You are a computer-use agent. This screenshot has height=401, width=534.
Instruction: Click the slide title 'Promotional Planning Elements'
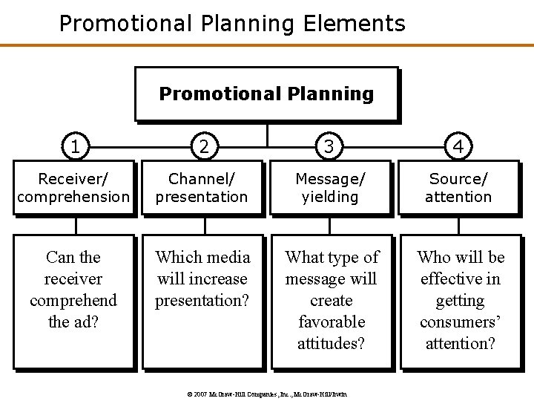coord(232,23)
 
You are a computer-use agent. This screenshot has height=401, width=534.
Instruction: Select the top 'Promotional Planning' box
coord(266,94)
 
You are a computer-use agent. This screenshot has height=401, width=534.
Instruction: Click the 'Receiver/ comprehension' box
coord(73,188)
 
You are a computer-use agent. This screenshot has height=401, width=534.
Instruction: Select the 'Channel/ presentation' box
coord(202,188)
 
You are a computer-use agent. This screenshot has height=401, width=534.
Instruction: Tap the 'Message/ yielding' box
coord(331,188)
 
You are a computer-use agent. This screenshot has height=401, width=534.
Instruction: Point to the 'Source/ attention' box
coord(459,188)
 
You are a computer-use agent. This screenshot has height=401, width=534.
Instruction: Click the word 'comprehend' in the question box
coord(73,301)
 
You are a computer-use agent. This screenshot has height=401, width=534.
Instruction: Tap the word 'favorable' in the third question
coord(332,322)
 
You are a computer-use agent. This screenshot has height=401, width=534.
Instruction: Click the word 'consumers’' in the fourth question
coord(460,322)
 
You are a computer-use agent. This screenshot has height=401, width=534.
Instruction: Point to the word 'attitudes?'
coord(332,344)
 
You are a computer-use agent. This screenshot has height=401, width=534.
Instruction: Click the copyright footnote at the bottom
coord(266,394)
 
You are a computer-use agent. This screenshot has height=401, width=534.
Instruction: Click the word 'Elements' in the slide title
coord(354,23)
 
